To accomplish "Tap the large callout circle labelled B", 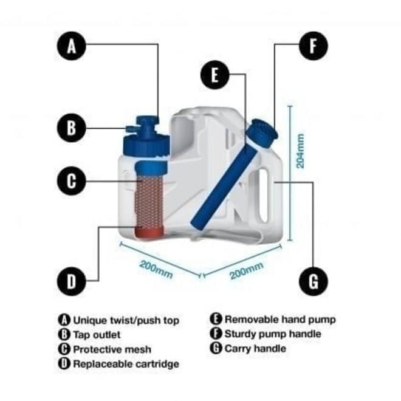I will (x=72, y=128).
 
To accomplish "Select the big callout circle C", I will (x=72, y=180).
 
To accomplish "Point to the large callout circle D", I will (x=72, y=281).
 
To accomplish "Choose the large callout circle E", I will (x=215, y=75).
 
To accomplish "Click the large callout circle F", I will (x=313, y=46).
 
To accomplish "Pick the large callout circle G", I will (x=313, y=281).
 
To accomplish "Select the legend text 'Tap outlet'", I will (x=97, y=335).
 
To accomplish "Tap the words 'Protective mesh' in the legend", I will (x=112, y=349).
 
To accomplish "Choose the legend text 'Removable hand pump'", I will (x=279, y=319).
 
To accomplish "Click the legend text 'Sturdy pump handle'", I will (x=273, y=334).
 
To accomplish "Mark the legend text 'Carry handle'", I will (x=255, y=349).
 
